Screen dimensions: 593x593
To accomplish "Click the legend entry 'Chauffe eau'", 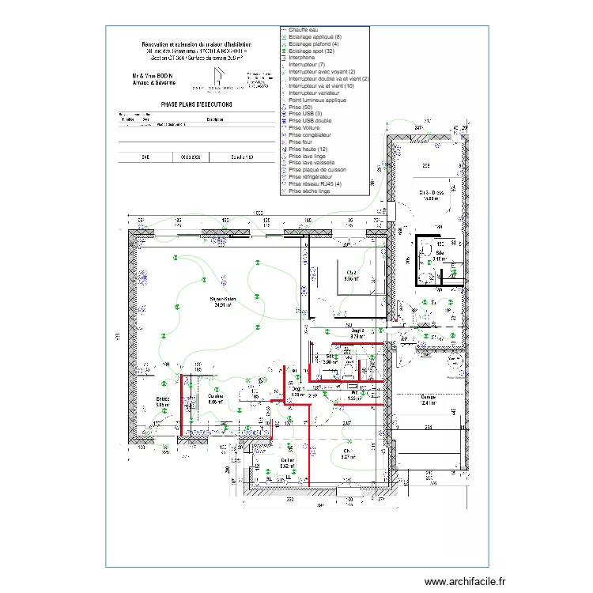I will [x=304, y=30].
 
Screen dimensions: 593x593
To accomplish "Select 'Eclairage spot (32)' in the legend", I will [x=313, y=51].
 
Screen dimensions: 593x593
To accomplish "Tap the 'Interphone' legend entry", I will [x=303, y=58].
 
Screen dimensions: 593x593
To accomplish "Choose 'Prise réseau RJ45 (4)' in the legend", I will [x=315, y=183].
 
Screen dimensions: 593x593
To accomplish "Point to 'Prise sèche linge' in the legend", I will [x=309, y=191].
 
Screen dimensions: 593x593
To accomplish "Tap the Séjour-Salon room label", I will [x=224, y=300].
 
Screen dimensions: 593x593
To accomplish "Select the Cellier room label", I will [x=287, y=462].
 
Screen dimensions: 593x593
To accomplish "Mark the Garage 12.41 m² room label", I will [x=429, y=399].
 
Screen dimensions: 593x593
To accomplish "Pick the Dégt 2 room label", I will [x=357, y=333].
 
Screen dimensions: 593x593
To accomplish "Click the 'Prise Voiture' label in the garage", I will [x=457, y=378].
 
